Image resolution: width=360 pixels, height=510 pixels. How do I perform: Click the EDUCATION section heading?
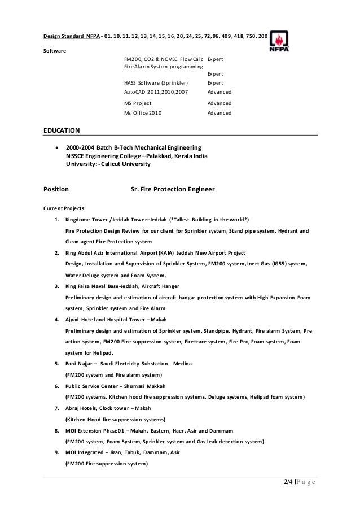pyautogui.click(x=62, y=130)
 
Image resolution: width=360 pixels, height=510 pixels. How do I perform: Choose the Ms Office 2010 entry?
pyautogui.click(x=142, y=113)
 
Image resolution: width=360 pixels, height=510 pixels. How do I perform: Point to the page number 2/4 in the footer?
pyautogui.click(x=289, y=481)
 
